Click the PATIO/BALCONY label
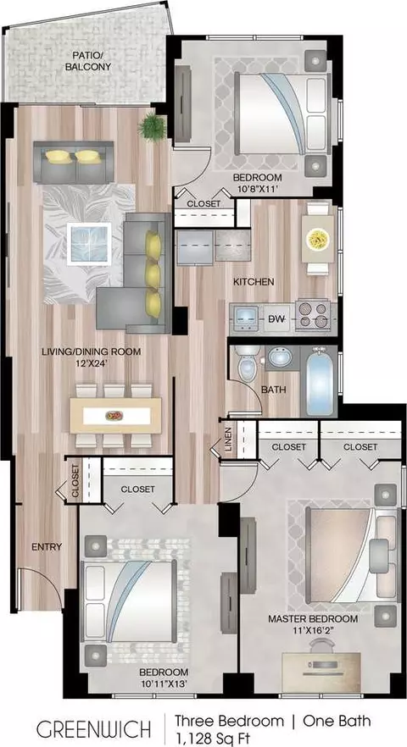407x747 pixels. (88, 62)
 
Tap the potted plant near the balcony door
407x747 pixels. (153, 127)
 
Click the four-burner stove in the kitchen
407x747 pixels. (313, 315)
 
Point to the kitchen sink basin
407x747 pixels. (247, 316)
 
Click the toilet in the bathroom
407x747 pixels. (248, 364)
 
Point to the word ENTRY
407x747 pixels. (47, 547)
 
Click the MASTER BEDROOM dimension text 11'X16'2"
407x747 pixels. (313, 630)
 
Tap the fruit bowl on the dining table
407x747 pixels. (114, 416)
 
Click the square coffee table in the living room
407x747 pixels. (89, 244)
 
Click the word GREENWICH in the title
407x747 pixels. (94, 730)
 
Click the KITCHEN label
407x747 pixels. (254, 282)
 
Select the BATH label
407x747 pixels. (274, 390)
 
